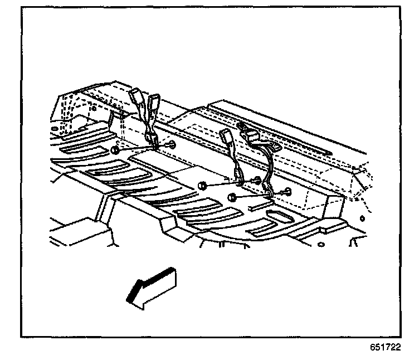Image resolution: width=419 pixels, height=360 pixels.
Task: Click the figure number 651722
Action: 385,347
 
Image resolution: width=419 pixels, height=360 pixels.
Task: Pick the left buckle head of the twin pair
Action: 137,99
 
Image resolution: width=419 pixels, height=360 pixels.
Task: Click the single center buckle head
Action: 226,137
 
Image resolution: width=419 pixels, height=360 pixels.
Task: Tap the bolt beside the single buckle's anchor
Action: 257,180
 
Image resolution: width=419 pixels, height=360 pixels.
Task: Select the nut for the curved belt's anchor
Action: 232,197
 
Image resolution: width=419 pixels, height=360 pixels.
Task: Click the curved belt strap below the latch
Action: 270,167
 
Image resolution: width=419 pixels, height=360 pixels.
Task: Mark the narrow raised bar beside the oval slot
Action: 257,207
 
